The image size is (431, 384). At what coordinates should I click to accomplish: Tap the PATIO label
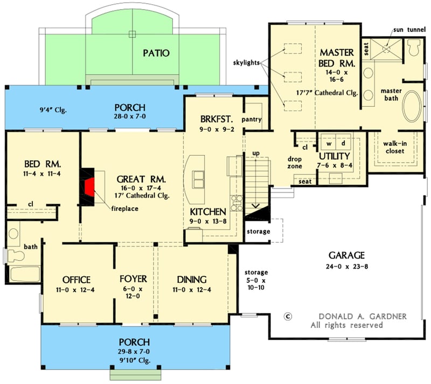[156, 53]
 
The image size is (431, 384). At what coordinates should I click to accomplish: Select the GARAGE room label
[349, 255]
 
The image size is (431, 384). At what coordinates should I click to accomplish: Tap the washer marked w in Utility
[328, 144]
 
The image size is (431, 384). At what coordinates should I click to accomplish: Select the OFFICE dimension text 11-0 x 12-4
[76, 291]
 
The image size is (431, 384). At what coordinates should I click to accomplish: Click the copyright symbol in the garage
[288, 317]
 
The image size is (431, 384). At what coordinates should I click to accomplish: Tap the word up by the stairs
[256, 154]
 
